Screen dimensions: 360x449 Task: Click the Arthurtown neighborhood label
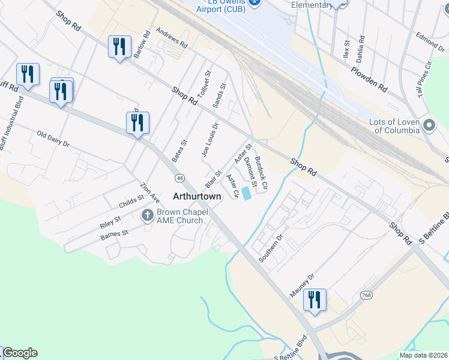coord(197,196)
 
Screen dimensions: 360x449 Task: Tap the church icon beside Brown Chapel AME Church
coord(148,215)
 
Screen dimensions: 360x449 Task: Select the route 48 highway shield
coord(179,178)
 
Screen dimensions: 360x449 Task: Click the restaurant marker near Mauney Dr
coord(315,299)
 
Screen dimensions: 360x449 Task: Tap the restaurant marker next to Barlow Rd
coord(119,47)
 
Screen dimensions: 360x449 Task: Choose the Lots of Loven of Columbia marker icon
coord(429,125)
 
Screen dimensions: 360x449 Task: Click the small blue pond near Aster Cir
coord(247,194)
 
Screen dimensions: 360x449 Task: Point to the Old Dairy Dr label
coord(53,139)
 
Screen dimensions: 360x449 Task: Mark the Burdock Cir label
coord(261,170)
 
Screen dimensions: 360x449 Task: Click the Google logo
coord(20,353)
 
